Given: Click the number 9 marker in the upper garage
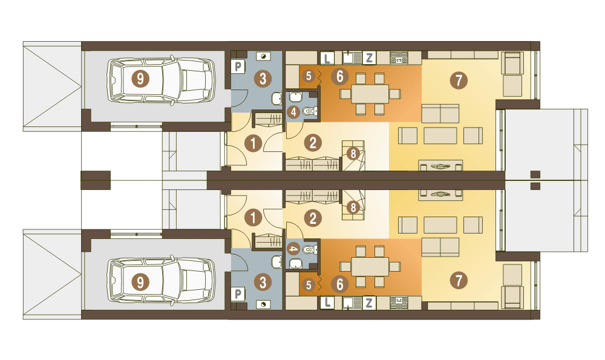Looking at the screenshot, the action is tap(140, 79).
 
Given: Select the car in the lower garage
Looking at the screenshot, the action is tap(162, 283).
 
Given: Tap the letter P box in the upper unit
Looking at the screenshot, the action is tap(238, 67).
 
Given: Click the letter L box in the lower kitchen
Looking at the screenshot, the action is tap(327, 303).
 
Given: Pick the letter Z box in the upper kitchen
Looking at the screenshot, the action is tap(369, 58).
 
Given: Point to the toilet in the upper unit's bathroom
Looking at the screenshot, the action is tap(309, 111).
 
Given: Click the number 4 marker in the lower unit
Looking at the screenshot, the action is tap(294, 249).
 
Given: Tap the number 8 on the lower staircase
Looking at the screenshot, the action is tap(353, 208).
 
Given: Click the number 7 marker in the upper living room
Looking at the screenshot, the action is tap(459, 80).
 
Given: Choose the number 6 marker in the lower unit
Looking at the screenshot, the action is tap(339, 285).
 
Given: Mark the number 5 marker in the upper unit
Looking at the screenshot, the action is tap(309, 76).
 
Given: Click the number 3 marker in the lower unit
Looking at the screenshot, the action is tap(263, 283).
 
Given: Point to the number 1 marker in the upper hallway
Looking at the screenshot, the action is tap(253, 143).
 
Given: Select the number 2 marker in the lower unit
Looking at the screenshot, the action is tap(313, 218).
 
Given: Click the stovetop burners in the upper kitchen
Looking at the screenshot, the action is tap(399, 58).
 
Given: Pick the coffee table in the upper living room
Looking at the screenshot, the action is tap(440, 136).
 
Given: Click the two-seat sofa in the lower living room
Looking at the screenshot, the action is tap(440, 247).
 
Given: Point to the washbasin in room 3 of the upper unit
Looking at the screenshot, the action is tap(277, 99).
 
